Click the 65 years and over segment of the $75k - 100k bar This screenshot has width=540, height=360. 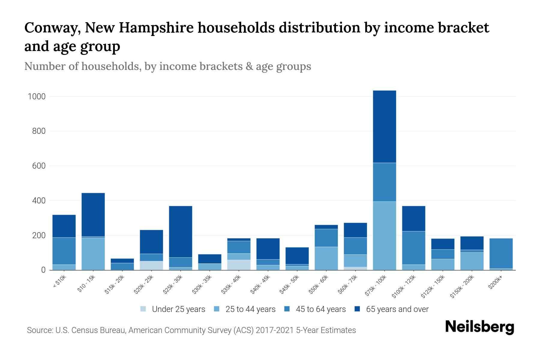point(384,127)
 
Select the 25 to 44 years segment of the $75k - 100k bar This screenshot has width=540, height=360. point(384,236)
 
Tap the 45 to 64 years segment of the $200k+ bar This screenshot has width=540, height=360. point(501,253)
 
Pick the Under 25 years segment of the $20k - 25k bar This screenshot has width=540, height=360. point(151,265)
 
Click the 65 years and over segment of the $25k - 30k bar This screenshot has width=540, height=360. point(181,232)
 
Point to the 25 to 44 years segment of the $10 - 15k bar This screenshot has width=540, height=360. point(93,254)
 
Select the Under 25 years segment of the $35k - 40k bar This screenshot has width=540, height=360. point(239,265)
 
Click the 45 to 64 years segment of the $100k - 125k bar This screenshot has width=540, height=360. point(413,248)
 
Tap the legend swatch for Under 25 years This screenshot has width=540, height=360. point(143,309)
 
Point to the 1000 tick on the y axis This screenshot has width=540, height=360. point(37,96)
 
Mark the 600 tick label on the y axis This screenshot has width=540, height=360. point(39,166)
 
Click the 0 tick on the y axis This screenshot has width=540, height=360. point(43,270)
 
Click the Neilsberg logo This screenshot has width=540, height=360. point(479,327)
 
